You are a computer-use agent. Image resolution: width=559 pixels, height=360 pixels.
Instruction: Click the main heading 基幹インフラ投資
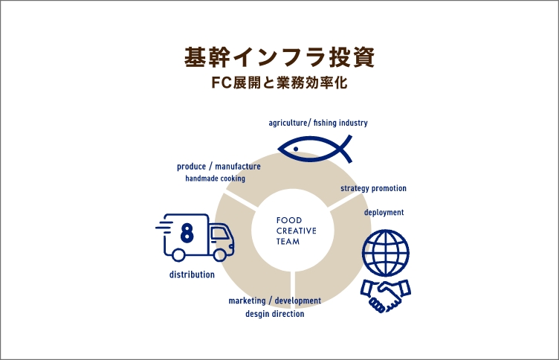pyautogui.click(x=279, y=57)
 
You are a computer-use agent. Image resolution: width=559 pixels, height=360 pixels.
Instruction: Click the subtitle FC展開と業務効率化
pyautogui.click(x=279, y=83)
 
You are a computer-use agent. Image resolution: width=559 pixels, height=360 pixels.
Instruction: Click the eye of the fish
pyautogui.click(x=296, y=149)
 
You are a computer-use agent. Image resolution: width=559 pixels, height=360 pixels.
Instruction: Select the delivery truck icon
pyautogui.click(x=194, y=237)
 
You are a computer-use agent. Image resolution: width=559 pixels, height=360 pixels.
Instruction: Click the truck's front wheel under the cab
pyautogui.click(x=220, y=254)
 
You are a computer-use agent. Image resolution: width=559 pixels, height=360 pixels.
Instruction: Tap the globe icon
pyautogui.click(x=386, y=252)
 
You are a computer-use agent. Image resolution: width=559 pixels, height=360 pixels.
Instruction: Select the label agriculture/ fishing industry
pyautogui.click(x=318, y=123)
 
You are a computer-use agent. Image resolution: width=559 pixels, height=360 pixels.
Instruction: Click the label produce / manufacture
pyautogui.click(x=219, y=167)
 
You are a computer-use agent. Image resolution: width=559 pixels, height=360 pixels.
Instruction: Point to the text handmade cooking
pyautogui.click(x=215, y=179)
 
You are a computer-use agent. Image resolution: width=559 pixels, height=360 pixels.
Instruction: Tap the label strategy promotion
pyautogui.click(x=373, y=189)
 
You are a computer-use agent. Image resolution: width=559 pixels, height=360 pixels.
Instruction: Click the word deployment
pyautogui.click(x=384, y=213)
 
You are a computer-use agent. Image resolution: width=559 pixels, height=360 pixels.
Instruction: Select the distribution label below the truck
pyautogui.click(x=192, y=275)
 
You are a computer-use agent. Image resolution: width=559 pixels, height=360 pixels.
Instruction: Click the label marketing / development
pyautogui.click(x=275, y=301)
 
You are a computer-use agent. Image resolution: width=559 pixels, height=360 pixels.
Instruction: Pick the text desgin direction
pyautogui.click(x=275, y=314)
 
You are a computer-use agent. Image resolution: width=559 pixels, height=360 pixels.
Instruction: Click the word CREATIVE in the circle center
pyautogui.click(x=296, y=231)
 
